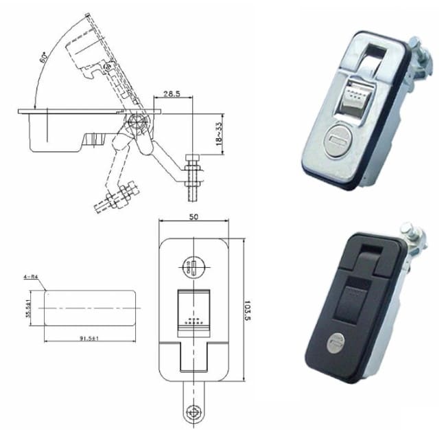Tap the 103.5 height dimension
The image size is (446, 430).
point(248,310)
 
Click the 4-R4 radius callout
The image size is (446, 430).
point(32,277)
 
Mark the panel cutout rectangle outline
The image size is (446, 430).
point(89,306)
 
